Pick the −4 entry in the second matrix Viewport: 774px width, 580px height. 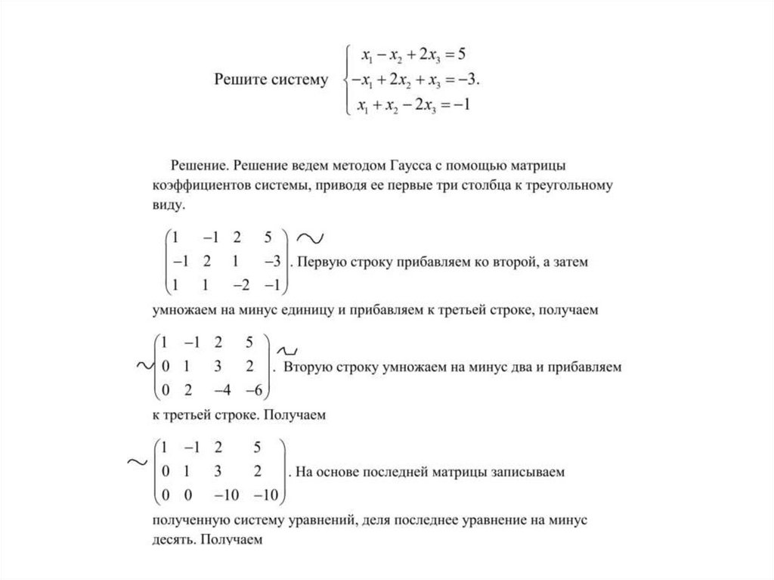pyautogui.click(x=224, y=390)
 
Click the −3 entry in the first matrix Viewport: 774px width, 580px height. pyautogui.click(x=271, y=262)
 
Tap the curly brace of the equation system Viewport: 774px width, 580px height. pyautogui.click(x=346, y=79)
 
